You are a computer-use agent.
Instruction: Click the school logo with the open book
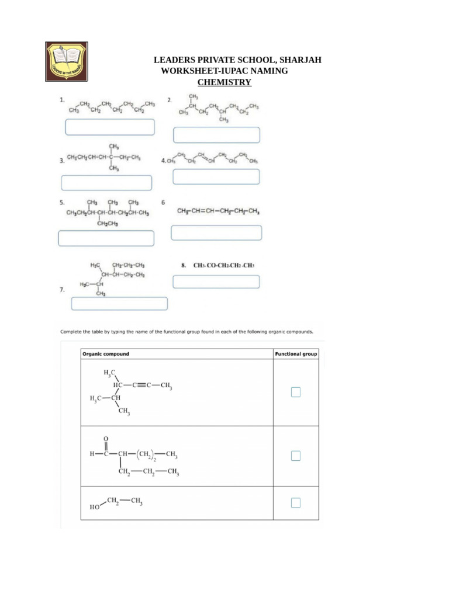[x=67, y=61]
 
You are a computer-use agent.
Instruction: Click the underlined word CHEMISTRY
[x=224, y=82]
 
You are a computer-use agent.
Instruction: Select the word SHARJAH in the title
[x=299, y=60]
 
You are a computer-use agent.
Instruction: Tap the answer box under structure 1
[x=110, y=127]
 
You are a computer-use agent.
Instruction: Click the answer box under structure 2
[x=216, y=135]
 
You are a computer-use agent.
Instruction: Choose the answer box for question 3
[x=106, y=183]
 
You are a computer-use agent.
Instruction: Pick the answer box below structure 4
[x=216, y=176]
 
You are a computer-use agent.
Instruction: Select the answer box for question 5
[x=106, y=238]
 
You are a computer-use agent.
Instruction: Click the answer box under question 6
[x=216, y=232]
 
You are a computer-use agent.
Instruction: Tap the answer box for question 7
[x=119, y=304]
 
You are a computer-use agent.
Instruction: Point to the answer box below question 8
[x=216, y=282]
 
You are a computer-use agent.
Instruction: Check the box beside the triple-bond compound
[x=296, y=392]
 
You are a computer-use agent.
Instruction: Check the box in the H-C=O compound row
[x=296, y=456]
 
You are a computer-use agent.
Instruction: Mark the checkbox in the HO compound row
[x=296, y=503]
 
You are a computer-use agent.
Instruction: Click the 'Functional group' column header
[x=296, y=354]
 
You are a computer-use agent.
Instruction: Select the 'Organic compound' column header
[x=106, y=354]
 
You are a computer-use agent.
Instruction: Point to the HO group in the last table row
[x=94, y=508]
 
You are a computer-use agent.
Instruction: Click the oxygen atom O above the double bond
[x=106, y=437]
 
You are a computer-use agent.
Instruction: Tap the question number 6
[x=163, y=201]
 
